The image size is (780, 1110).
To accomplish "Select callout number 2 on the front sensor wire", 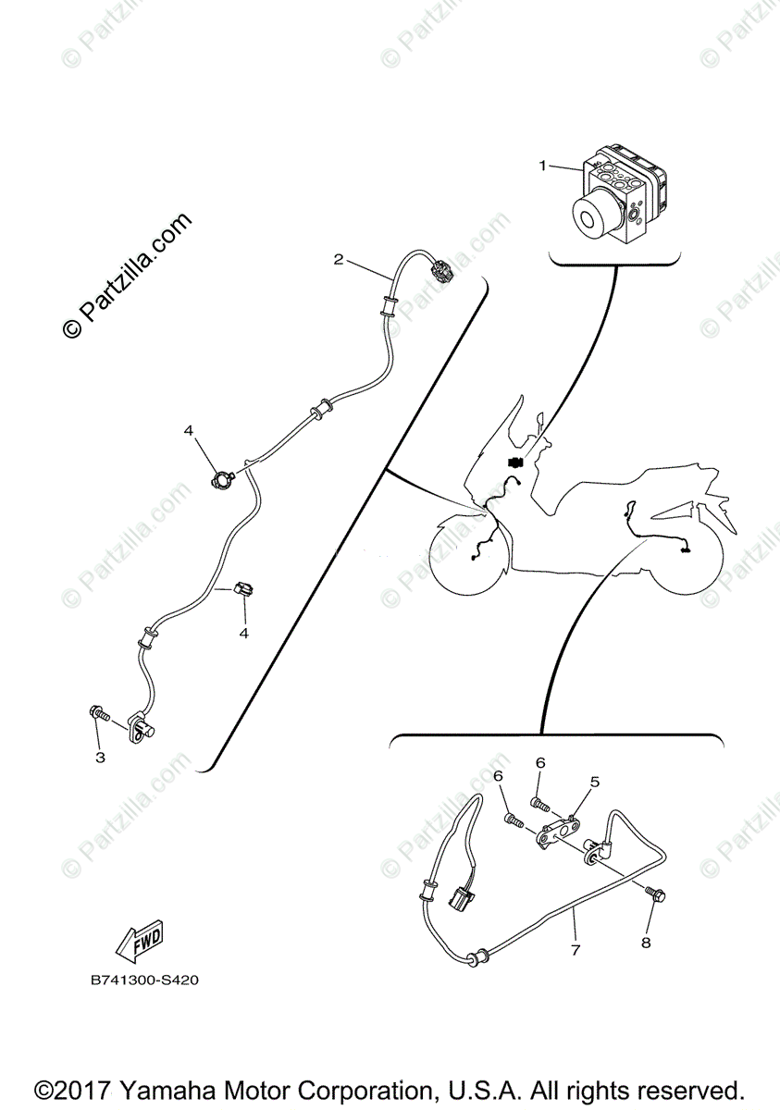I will pyautogui.click(x=339, y=259).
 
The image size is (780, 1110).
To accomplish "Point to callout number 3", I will pyautogui.click(x=101, y=758).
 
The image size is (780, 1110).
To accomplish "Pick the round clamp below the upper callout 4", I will pyautogui.click(x=223, y=478).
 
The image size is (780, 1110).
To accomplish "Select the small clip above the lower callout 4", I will pyautogui.click(x=244, y=589).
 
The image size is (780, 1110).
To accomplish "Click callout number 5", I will pyautogui.click(x=595, y=781).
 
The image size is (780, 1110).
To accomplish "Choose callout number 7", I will pyautogui.click(x=575, y=950).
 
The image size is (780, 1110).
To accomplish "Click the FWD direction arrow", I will pyautogui.click(x=139, y=939).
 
